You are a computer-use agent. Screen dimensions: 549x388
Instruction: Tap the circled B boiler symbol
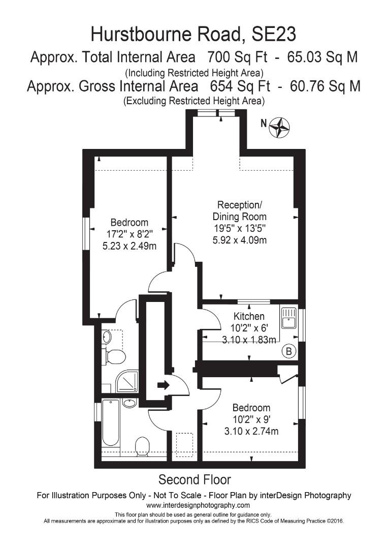[289, 351]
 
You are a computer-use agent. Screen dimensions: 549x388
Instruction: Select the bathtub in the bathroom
[110, 424]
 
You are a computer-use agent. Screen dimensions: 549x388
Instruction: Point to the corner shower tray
[127, 381]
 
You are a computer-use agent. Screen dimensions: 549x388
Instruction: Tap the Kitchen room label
[249, 317]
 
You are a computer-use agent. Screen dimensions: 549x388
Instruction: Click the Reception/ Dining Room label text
[239, 210]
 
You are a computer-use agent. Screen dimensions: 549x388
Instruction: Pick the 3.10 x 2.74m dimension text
[251, 431]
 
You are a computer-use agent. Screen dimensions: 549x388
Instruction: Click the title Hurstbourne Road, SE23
[193, 34]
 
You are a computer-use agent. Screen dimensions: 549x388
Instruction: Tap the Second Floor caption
[195, 479]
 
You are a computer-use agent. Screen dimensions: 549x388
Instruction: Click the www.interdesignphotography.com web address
[198, 505]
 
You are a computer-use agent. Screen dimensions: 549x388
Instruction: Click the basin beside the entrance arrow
[130, 404]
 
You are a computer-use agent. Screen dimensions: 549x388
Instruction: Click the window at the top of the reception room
[216, 113]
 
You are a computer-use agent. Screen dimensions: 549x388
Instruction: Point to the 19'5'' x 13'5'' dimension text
[239, 229]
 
